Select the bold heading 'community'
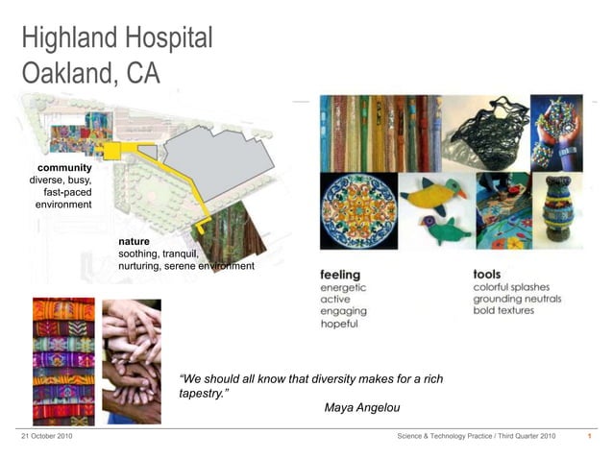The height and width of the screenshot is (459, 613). (64, 167)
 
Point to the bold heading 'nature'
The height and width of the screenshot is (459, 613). (135, 241)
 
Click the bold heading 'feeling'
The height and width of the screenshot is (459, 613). (340, 275)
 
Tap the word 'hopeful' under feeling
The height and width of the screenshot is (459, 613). (339, 325)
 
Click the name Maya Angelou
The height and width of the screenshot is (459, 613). (362, 408)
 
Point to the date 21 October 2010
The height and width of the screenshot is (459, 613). (46, 437)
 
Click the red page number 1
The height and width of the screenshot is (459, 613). (589, 437)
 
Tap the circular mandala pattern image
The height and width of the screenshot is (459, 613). (357, 210)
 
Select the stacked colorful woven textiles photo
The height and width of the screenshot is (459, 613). (63, 361)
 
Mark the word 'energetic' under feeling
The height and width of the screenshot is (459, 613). (343, 287)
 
